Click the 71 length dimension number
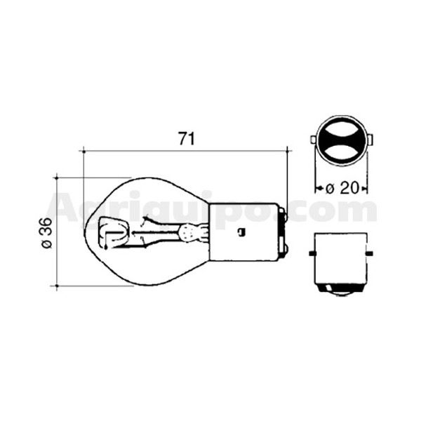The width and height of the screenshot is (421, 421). tap(186, 138)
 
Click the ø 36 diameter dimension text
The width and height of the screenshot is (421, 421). tap(46, 233)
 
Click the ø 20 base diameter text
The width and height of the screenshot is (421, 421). tap(342, 188)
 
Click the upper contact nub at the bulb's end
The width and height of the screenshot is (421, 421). tap(284, 215)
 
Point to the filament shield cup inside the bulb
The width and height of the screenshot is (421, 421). tap(114, 232)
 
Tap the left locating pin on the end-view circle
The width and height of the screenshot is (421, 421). tap(313, 140)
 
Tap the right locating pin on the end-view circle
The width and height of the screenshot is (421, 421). tap(370, 140)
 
